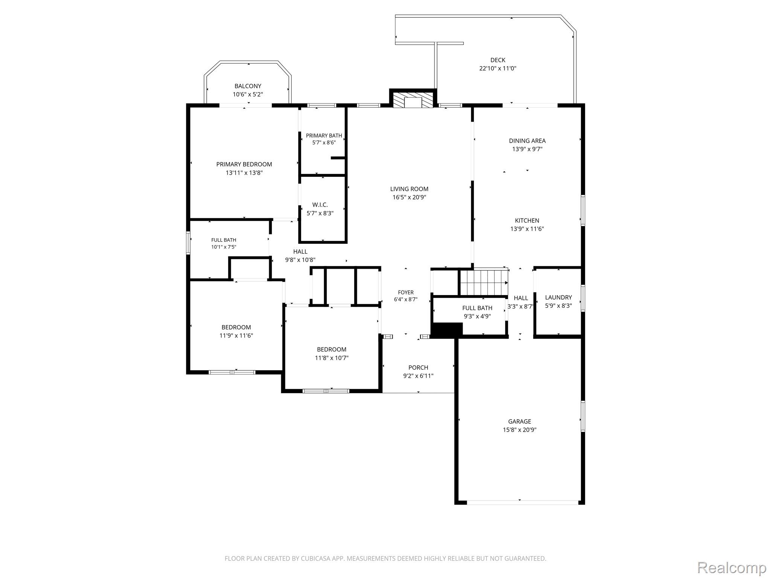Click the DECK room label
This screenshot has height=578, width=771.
tap(498, 60)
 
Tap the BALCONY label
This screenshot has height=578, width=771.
tap(248, 86)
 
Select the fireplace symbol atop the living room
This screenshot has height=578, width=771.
tap(413, 100)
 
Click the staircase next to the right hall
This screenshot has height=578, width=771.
tap(484, 282)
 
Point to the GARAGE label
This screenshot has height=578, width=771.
tap(520, 421)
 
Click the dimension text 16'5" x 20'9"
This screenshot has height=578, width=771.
tap(409, 197)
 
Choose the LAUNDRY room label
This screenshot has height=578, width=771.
tap(558, 297)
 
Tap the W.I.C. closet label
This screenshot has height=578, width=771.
tap(320, 205)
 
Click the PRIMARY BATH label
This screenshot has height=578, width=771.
tap(324, 135)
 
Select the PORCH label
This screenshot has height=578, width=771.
tap(418, 367)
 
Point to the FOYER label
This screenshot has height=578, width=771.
tap(406, 292)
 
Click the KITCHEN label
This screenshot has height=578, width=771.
tap(527, 221)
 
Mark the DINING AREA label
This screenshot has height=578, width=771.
tap(527, 141)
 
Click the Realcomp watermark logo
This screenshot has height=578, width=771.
tap(731, 567)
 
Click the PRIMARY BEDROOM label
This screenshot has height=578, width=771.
tap(244, 164)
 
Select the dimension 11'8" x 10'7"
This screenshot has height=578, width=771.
tap(332, 358)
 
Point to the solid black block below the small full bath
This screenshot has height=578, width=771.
tap(446, 330)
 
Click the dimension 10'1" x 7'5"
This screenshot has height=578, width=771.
tap(224, 247)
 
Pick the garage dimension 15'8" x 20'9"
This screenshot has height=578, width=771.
tap(520, 430)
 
